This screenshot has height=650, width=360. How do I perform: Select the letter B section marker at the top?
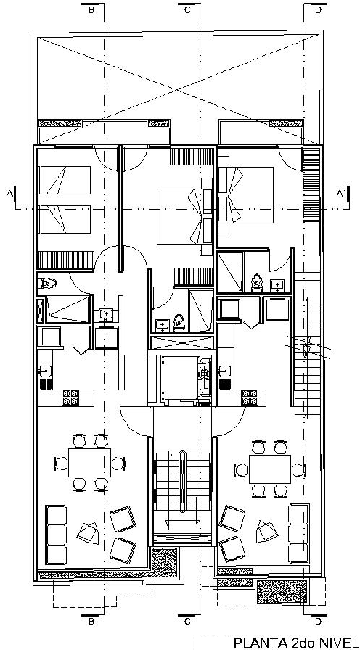point(91,10)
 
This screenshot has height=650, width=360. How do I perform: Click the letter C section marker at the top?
point(187,10)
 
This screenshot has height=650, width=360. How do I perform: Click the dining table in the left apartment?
point(89,462)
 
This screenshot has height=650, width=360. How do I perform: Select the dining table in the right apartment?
point(270,469)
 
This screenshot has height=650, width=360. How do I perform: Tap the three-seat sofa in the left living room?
point(56,535)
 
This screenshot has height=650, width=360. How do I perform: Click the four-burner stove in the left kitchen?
point(70,398)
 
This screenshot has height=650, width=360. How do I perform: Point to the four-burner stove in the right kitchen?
point(249,398)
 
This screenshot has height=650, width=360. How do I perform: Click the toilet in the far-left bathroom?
point(47,284)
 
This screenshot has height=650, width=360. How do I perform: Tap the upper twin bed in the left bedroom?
point(65,181)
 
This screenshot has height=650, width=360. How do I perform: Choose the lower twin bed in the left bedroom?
point(65,219)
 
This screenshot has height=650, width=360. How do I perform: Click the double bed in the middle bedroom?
point(181,216)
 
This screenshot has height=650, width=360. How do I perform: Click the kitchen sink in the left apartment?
point(45,370)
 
